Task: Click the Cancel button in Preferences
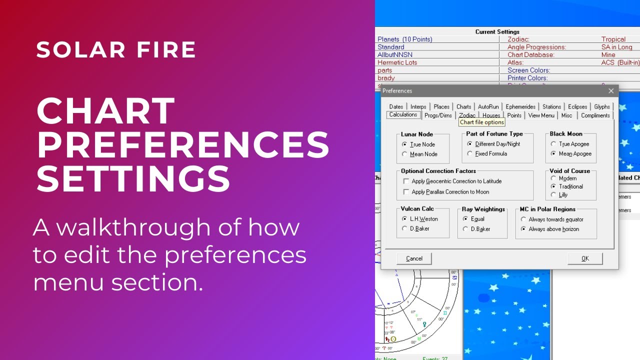tap(414, 258)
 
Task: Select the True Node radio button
tap(405, 144)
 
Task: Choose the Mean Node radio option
tap(405, 154)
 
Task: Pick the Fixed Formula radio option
tap(470, 154)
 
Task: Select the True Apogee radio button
tap(553, 144)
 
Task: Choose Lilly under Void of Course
tap(553, 194)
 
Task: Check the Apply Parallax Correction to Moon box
tap(406, 192)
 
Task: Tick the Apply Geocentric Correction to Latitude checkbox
tap(406, 181)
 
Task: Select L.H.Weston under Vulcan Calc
tap(405, 219)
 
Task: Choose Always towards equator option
tap(523, 219)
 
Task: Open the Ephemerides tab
tap(520, 106)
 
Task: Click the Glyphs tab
tap(602, 106)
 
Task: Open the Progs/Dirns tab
tap(438, 115)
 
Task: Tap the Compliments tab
tap(595, 115)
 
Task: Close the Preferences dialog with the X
tap(611, 91)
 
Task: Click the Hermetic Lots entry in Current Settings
tap(397, 62)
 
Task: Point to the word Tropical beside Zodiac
tap(613, 39)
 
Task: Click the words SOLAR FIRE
tap(116, 50)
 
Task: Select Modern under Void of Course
tap(553, 178)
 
